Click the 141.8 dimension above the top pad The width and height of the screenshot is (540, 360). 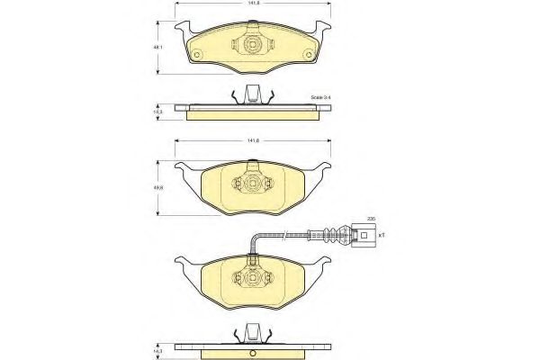point(255,5)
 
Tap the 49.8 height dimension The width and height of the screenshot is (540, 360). point(159,187)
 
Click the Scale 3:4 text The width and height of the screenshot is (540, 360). point(321,96)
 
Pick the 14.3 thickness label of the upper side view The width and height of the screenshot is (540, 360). point(158,112)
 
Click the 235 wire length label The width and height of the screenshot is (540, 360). point(369,219)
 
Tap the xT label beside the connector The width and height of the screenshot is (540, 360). point(382,235)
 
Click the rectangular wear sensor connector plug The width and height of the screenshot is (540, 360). point(364,237)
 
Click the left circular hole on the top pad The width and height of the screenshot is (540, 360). point(198,55)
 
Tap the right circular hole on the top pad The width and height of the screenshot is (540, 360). point(310,55)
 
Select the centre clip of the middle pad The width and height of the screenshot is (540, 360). point(254,184)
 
